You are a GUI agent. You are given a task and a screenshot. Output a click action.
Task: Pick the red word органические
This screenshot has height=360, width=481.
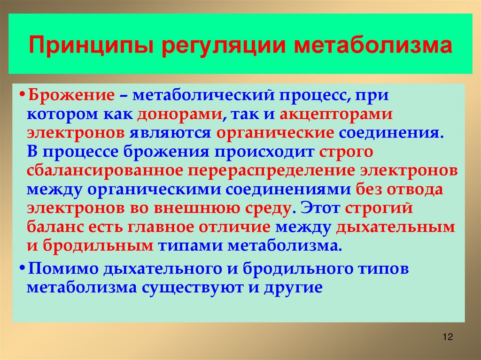pyautogui.click(x=275, y=132)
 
